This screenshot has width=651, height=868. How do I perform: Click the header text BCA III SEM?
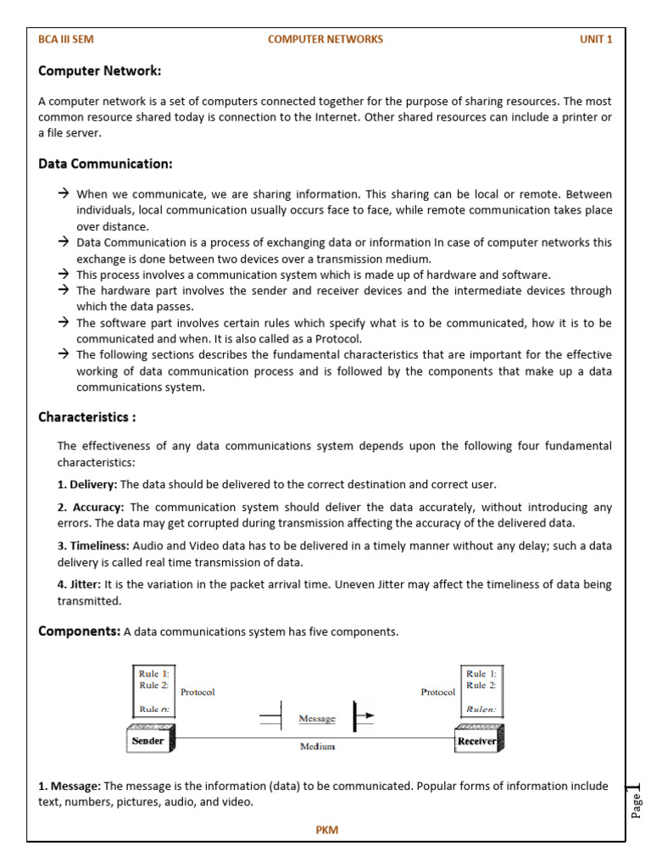point(66,39)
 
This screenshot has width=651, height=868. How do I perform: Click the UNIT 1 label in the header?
point(596,39)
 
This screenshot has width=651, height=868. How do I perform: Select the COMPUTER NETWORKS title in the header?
point(325,39)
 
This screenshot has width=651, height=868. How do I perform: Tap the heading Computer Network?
point(99,71)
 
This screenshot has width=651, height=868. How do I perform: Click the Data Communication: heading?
point(105,164)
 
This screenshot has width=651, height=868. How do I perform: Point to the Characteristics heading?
point(86,417)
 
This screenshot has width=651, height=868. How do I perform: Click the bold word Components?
point(80,632)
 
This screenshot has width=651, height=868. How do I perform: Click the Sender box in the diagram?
point(150,740)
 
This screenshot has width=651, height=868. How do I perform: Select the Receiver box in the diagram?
point(481,740)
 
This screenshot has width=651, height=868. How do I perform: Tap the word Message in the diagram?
point(317,719)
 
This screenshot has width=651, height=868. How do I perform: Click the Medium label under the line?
point(317,747)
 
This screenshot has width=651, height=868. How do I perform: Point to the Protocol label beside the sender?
point(198,692)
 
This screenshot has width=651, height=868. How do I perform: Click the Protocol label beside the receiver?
point(437,692)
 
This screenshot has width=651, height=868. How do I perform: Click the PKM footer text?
point(326,830)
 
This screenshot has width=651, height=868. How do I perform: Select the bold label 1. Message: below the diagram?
point(70,786)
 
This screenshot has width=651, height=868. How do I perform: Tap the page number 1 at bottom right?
point(637,789)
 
